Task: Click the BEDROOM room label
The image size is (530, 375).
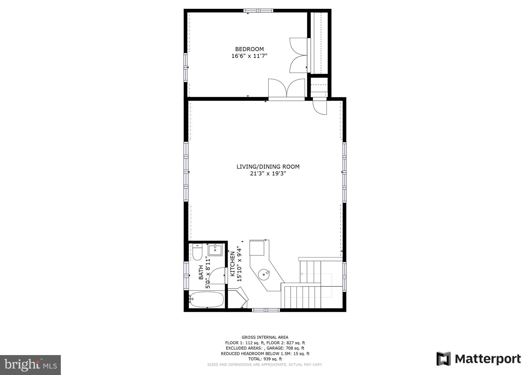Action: pos(249,49)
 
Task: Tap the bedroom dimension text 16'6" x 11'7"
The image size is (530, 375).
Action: pos(249,56)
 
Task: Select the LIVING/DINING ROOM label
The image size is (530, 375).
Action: pos(268,167)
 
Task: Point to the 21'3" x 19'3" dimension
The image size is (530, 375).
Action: pos(268,174)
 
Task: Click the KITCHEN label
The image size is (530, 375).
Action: pos(232,264)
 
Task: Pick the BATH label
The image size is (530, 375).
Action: pos(201,272)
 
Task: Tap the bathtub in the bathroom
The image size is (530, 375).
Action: pos(206,299)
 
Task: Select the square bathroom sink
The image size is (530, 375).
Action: pos(215,250)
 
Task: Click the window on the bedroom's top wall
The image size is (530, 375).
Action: pos(258,11)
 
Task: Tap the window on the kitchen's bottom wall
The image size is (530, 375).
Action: pos(266,310)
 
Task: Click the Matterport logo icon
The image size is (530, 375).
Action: pos(444,359)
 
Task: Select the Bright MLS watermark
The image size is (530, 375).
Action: pos(31,365)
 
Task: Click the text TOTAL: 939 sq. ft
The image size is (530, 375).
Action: pos(265,359)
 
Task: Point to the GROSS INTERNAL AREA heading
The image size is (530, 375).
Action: pos(265,337)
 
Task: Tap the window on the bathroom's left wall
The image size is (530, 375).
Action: pos(186,276)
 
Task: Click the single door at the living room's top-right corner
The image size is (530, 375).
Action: pos(320,107)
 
